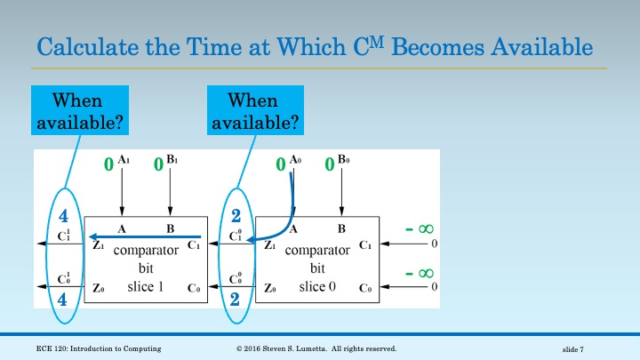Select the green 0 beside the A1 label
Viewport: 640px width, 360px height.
click(108, 164)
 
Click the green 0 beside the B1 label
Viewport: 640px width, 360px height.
click(157, 164)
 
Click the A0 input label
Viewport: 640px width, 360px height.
click(297, 162)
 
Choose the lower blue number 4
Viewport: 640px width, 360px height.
click(63, 300)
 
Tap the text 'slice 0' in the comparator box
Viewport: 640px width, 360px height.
click(317, 285)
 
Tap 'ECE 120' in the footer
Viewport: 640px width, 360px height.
click(52, 348)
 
